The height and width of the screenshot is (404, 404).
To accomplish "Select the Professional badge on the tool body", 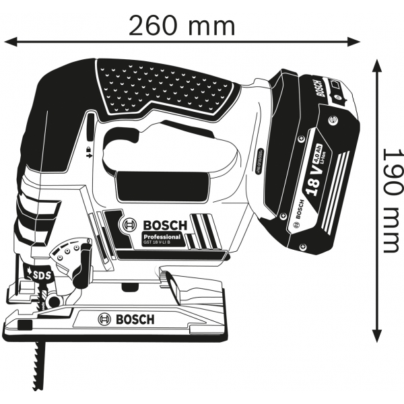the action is click(x=162, y=237).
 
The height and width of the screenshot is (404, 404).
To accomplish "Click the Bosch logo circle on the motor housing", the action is click(x=128, y=225).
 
